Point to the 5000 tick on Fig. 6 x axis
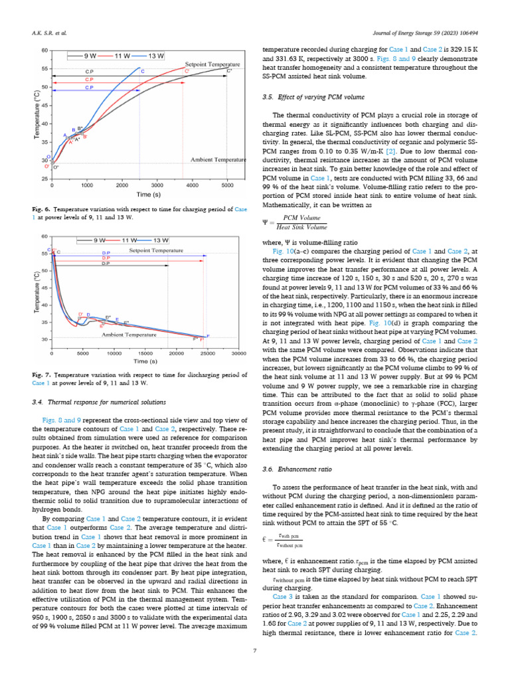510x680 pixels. click(x=227, y=185)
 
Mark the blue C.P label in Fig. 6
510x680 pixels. click(x=89, y=88)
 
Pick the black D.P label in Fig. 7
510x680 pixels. click(x=106, y=264)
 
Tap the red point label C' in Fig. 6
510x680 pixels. click(x=187, y=70)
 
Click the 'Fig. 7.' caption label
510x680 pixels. click(x=42, y=376)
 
